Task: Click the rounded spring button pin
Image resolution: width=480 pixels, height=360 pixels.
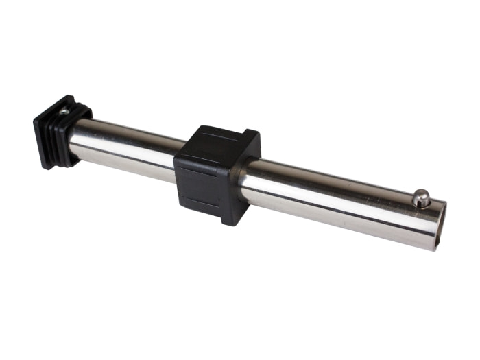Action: (421, 198)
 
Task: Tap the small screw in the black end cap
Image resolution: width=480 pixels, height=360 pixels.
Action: (64, 110)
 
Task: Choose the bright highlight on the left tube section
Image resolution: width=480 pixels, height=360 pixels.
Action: (130, 141)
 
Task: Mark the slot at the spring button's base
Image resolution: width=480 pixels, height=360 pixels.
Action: (421, 206)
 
